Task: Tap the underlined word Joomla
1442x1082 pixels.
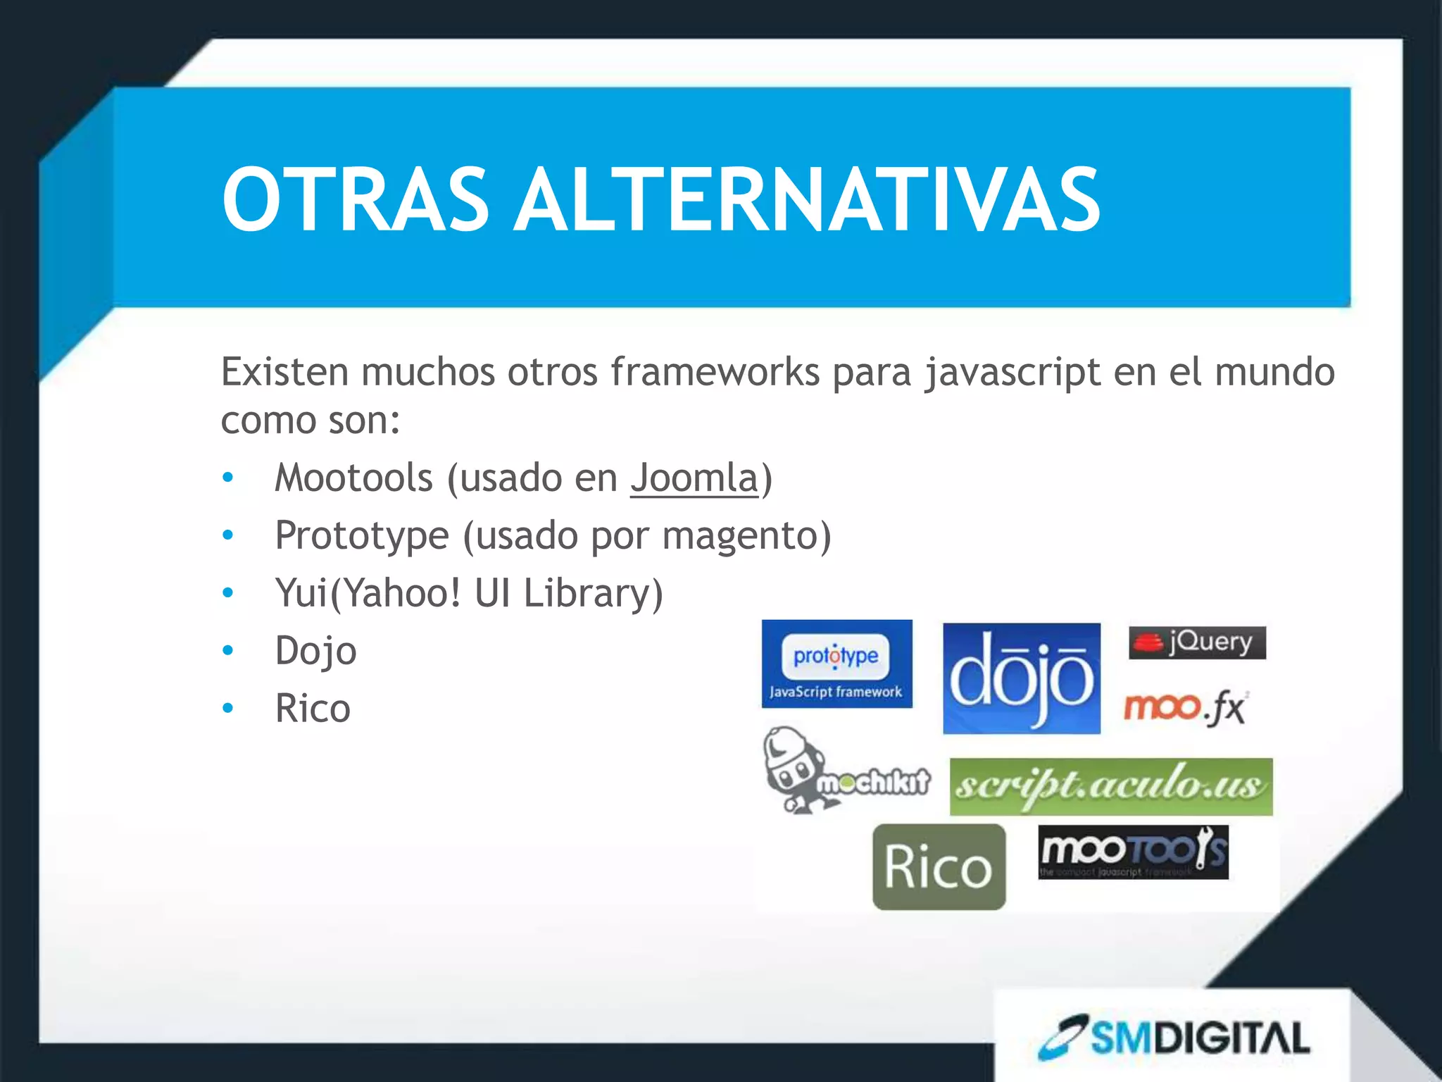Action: pos(694,478)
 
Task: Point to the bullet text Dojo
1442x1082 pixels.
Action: pos(315,651)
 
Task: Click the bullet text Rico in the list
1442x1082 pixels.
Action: pos(313,708)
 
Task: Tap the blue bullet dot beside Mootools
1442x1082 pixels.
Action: pos(227,478)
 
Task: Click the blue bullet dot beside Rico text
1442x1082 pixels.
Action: pos(227,708)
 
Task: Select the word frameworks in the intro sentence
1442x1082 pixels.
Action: pos(714,372)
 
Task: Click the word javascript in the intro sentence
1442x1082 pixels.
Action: pos(1012,372)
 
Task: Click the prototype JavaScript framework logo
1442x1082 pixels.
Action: pos(836,664)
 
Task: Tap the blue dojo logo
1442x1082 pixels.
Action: pos(1021,678)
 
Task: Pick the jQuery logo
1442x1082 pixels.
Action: pos(1197,642)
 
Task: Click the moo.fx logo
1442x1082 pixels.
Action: pos(1185,707)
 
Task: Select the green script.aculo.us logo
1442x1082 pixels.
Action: pos(1110,787)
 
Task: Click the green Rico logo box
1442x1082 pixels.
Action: pos(939,867)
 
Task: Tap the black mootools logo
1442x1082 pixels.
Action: pos(1133,852)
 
